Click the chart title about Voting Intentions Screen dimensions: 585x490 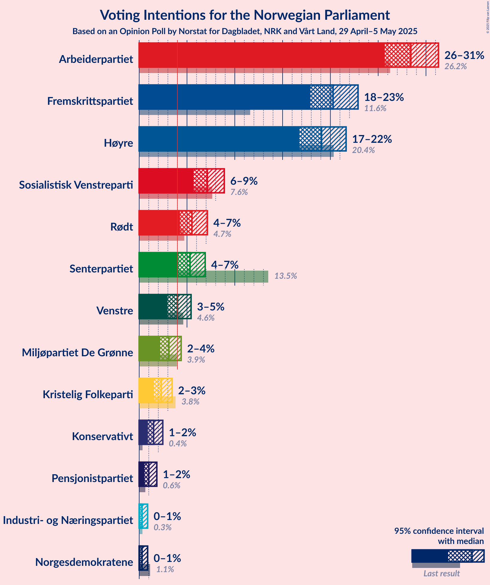click(245, 15)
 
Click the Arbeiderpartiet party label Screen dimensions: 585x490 click(96, 59)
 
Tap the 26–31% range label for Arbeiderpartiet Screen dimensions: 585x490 click(464, 55)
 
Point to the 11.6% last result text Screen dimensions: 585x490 click(375, 108)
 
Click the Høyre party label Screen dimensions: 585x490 click(118, 143)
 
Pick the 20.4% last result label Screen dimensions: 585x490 click(363, 150)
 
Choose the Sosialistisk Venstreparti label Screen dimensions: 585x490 click(76, 185)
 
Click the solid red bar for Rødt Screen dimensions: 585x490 click(159, 223)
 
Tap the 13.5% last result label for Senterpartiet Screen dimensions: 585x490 click(286, 276)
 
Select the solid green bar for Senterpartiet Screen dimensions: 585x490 click(158, 265)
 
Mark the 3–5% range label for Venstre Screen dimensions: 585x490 click(211, 307)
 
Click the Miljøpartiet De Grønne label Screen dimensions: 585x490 click(77, 353)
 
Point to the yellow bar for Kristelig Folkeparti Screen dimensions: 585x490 click(146, 390)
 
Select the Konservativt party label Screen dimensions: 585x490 click(102, 437)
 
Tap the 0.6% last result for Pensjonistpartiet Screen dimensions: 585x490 click(172, 485)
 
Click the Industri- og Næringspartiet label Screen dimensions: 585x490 click(68, 520)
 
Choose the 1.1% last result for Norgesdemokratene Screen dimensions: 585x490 click(165, 569)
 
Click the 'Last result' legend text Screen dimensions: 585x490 click(442, 573)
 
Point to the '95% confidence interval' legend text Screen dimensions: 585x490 click(439, 531)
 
